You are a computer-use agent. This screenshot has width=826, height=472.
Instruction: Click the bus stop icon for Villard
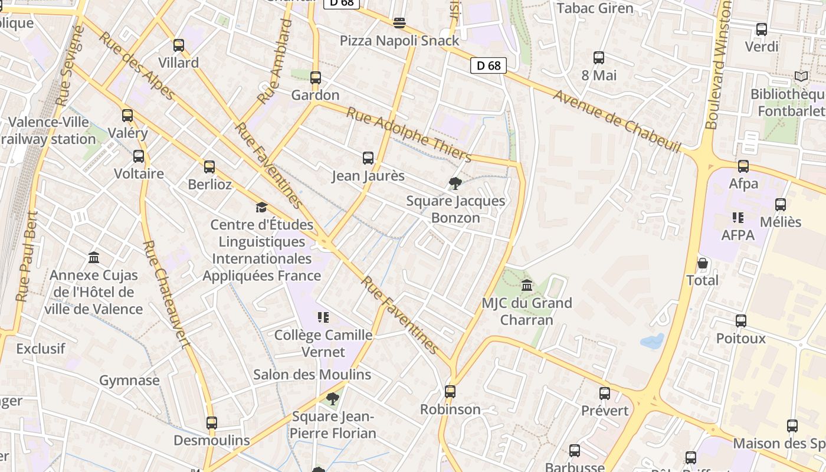coord(179,45)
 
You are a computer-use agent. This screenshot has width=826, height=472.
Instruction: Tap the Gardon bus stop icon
coord(316,77)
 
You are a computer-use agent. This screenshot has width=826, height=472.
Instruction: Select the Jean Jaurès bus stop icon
coord(368,158)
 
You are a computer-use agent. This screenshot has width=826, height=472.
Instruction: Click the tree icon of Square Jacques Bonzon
coord(455,183)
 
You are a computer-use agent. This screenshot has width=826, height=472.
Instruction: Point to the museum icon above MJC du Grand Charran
coord(527,286)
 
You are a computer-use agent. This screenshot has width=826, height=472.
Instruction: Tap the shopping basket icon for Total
coord(702,263)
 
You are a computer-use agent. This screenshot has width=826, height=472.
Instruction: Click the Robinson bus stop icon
coord(450,391)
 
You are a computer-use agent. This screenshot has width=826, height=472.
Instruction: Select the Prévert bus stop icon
coord(605,393)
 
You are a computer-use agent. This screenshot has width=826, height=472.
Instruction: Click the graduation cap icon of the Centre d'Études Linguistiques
coord(261,207)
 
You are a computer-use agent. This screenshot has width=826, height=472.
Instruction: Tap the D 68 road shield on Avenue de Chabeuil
coord(489,65)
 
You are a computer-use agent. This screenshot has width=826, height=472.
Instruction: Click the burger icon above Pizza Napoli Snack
coord(399,23)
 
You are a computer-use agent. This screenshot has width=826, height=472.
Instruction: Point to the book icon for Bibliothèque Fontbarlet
coord(801,77)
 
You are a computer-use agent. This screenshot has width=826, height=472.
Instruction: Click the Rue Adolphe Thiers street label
coord(408,135)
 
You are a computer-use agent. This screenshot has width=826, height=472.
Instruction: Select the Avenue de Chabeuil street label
coord(617,120)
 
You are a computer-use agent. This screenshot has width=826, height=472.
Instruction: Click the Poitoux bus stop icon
coord(741,321)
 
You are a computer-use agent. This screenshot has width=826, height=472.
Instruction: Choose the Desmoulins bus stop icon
coord(212,422)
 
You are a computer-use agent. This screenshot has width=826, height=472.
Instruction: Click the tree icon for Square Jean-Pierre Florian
coord(333,399)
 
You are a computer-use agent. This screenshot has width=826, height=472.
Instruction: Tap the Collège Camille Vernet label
coord(323,343)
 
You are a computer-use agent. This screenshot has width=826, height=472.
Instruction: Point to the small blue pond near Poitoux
coord(652,340)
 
